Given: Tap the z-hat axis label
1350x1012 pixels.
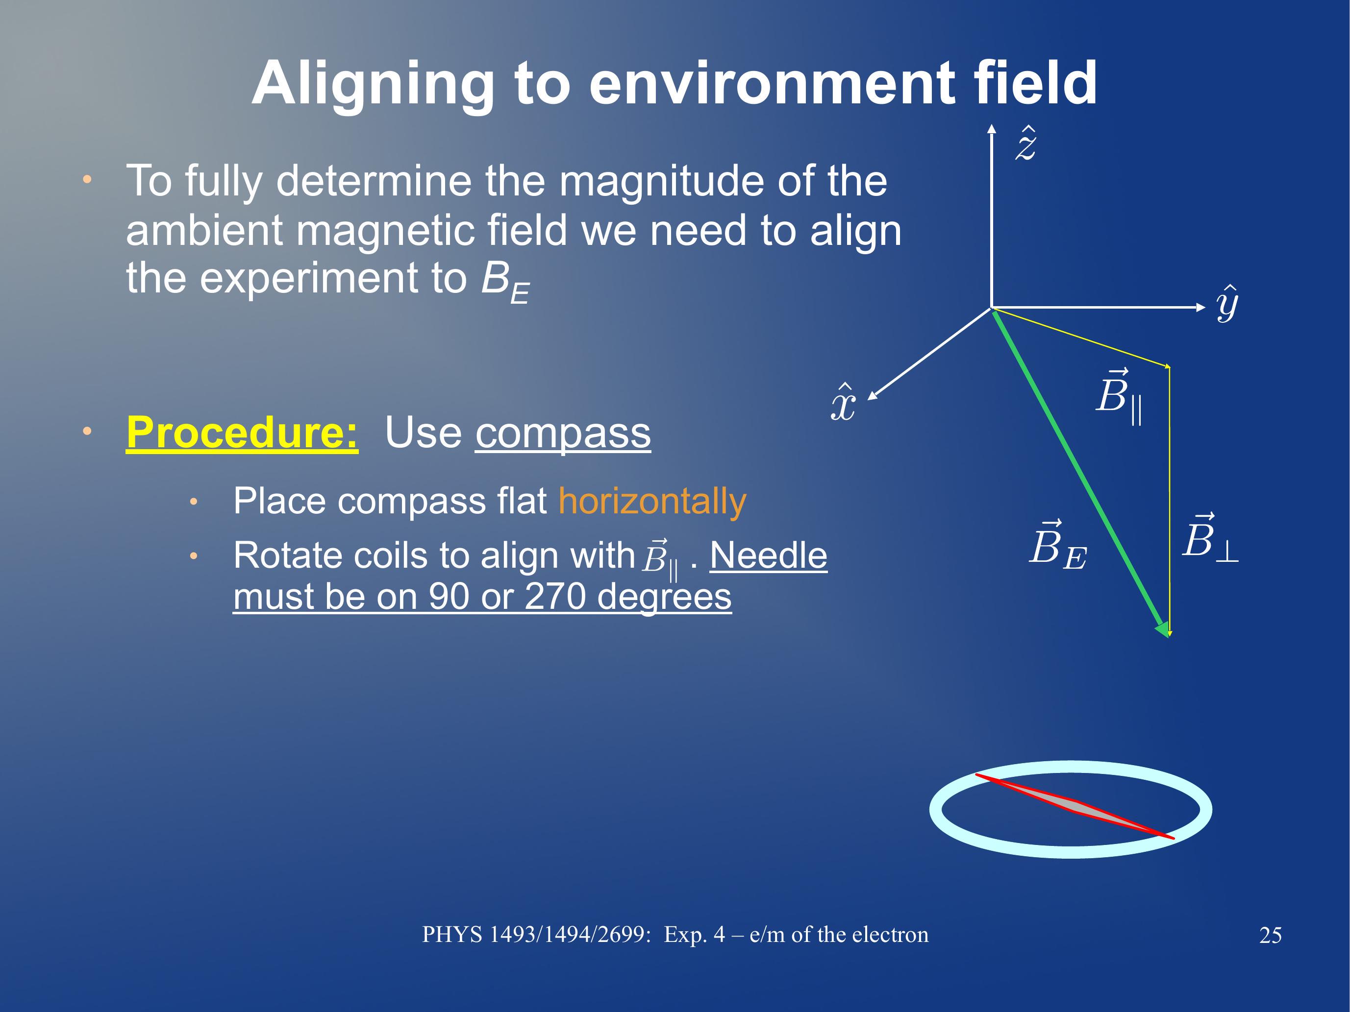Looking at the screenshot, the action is click(1026, 144).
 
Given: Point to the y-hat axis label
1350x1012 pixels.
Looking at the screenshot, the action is click(1227, 303).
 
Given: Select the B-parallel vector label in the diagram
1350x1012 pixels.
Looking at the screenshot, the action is click(1119, 396).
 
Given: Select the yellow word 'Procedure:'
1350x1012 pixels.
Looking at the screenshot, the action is click(242, 433).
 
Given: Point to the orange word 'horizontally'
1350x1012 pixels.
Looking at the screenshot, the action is click(652, 502).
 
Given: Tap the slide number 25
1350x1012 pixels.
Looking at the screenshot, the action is click(1270, 936).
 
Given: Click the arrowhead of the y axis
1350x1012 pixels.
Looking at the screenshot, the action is click(1200, 308).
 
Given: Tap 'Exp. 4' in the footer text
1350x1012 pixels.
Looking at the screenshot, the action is click(695, 935).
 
